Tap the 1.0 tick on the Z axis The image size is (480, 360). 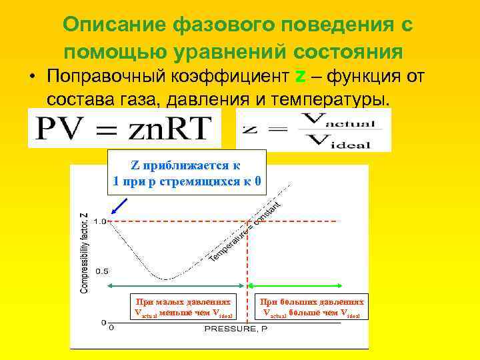[101, 221]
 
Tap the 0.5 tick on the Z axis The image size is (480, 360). [101, 271]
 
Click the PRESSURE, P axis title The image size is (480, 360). [235, 329]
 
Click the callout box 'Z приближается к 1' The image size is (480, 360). [187, 173]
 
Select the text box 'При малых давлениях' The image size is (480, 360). [183, 307]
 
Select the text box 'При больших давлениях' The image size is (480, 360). [312, 307]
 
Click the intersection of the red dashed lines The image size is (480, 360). [248, 221]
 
